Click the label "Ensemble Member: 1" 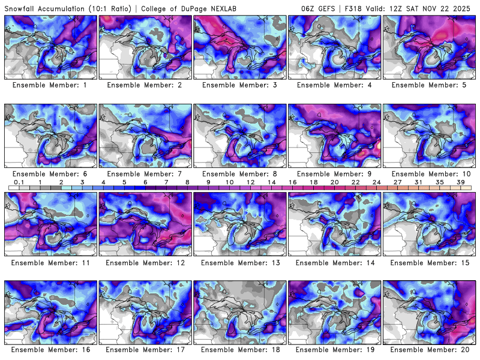click(50, 85)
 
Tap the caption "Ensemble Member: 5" click(430, 85)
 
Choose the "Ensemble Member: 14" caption click(335, 262)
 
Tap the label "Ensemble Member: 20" click(430, 349)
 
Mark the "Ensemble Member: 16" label click(50, 349)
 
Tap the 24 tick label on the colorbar click(376, 182)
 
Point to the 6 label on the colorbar click(145, 182)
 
